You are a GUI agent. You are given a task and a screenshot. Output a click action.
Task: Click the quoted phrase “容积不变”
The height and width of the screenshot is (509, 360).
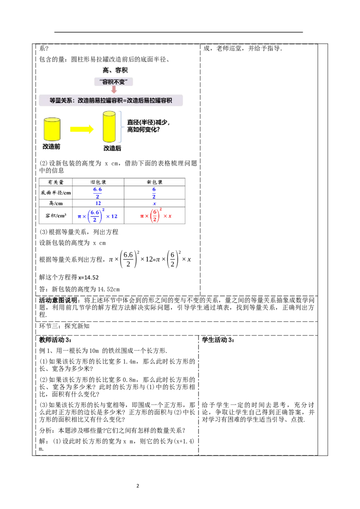[114, 82]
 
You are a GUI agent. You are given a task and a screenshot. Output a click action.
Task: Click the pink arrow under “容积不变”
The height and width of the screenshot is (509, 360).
[114, 90]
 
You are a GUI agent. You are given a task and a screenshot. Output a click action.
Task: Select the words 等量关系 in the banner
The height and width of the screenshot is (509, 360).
[60, 101]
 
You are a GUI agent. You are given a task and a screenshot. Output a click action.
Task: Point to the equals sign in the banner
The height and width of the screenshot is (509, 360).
[125, 101]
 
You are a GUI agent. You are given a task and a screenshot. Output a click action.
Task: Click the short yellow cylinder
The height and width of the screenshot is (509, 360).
[52, 129]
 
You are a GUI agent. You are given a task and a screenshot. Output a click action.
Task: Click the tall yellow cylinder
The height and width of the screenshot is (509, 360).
[109, 127]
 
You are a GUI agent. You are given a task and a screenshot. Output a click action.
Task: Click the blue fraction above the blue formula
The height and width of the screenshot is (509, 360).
[98, 192]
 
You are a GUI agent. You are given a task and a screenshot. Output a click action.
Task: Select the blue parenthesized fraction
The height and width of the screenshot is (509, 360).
[95, 216]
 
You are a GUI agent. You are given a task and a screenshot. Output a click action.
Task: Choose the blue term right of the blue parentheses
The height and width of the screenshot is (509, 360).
[112, 216]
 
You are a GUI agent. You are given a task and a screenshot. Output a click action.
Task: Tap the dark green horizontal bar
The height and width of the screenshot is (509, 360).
[173, 210]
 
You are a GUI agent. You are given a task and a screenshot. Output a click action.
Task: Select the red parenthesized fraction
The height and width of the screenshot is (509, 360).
[154, 216]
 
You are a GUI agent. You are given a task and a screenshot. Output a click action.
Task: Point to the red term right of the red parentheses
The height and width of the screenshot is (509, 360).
[168, 216]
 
